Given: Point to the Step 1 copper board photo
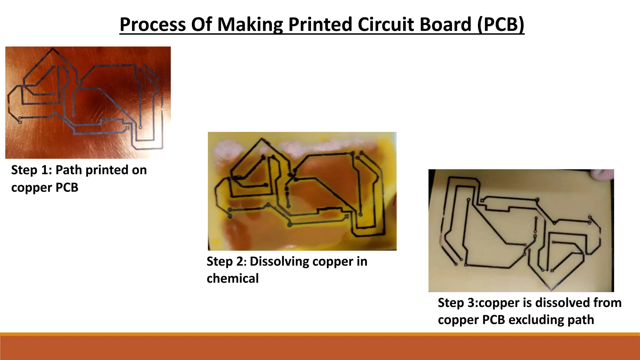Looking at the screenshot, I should pos(88,102).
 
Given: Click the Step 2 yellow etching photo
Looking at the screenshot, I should pos(302,191).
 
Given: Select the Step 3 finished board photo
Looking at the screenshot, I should pos(521,231).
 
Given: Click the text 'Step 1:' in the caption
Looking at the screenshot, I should pos(31,170).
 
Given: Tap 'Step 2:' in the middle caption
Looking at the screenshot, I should pos(226,262).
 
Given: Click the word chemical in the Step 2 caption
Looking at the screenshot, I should pos(232,278).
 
